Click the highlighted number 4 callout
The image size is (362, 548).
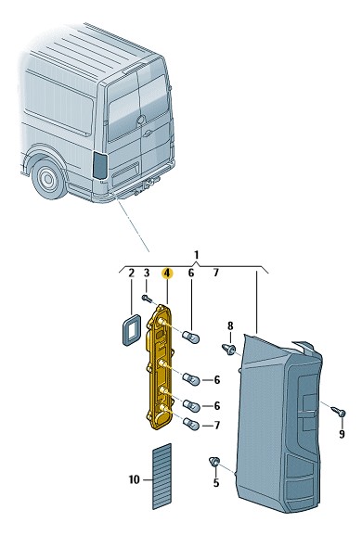(167, 274)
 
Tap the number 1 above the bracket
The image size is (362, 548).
(196, 255)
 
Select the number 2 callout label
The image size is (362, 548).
(131, 274)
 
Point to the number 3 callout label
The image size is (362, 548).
(147, 274)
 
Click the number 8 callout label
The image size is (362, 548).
(230, 326)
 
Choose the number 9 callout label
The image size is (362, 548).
(342, 434)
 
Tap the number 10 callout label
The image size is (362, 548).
(134, 479)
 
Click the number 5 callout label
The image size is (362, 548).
(216, 483)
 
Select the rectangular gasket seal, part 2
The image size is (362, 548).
(131, 330)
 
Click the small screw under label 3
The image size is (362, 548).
(147, 299)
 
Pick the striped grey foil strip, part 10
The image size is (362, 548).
(162, 476)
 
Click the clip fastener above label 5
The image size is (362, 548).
(214, 462)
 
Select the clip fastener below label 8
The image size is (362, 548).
(228, 349)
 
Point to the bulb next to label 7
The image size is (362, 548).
(191, 425)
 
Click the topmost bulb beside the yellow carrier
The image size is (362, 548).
(191, 338)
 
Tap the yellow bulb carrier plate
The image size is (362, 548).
(159, 366)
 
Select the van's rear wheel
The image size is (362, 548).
(48, 179)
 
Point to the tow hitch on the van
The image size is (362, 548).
(151, 184)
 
